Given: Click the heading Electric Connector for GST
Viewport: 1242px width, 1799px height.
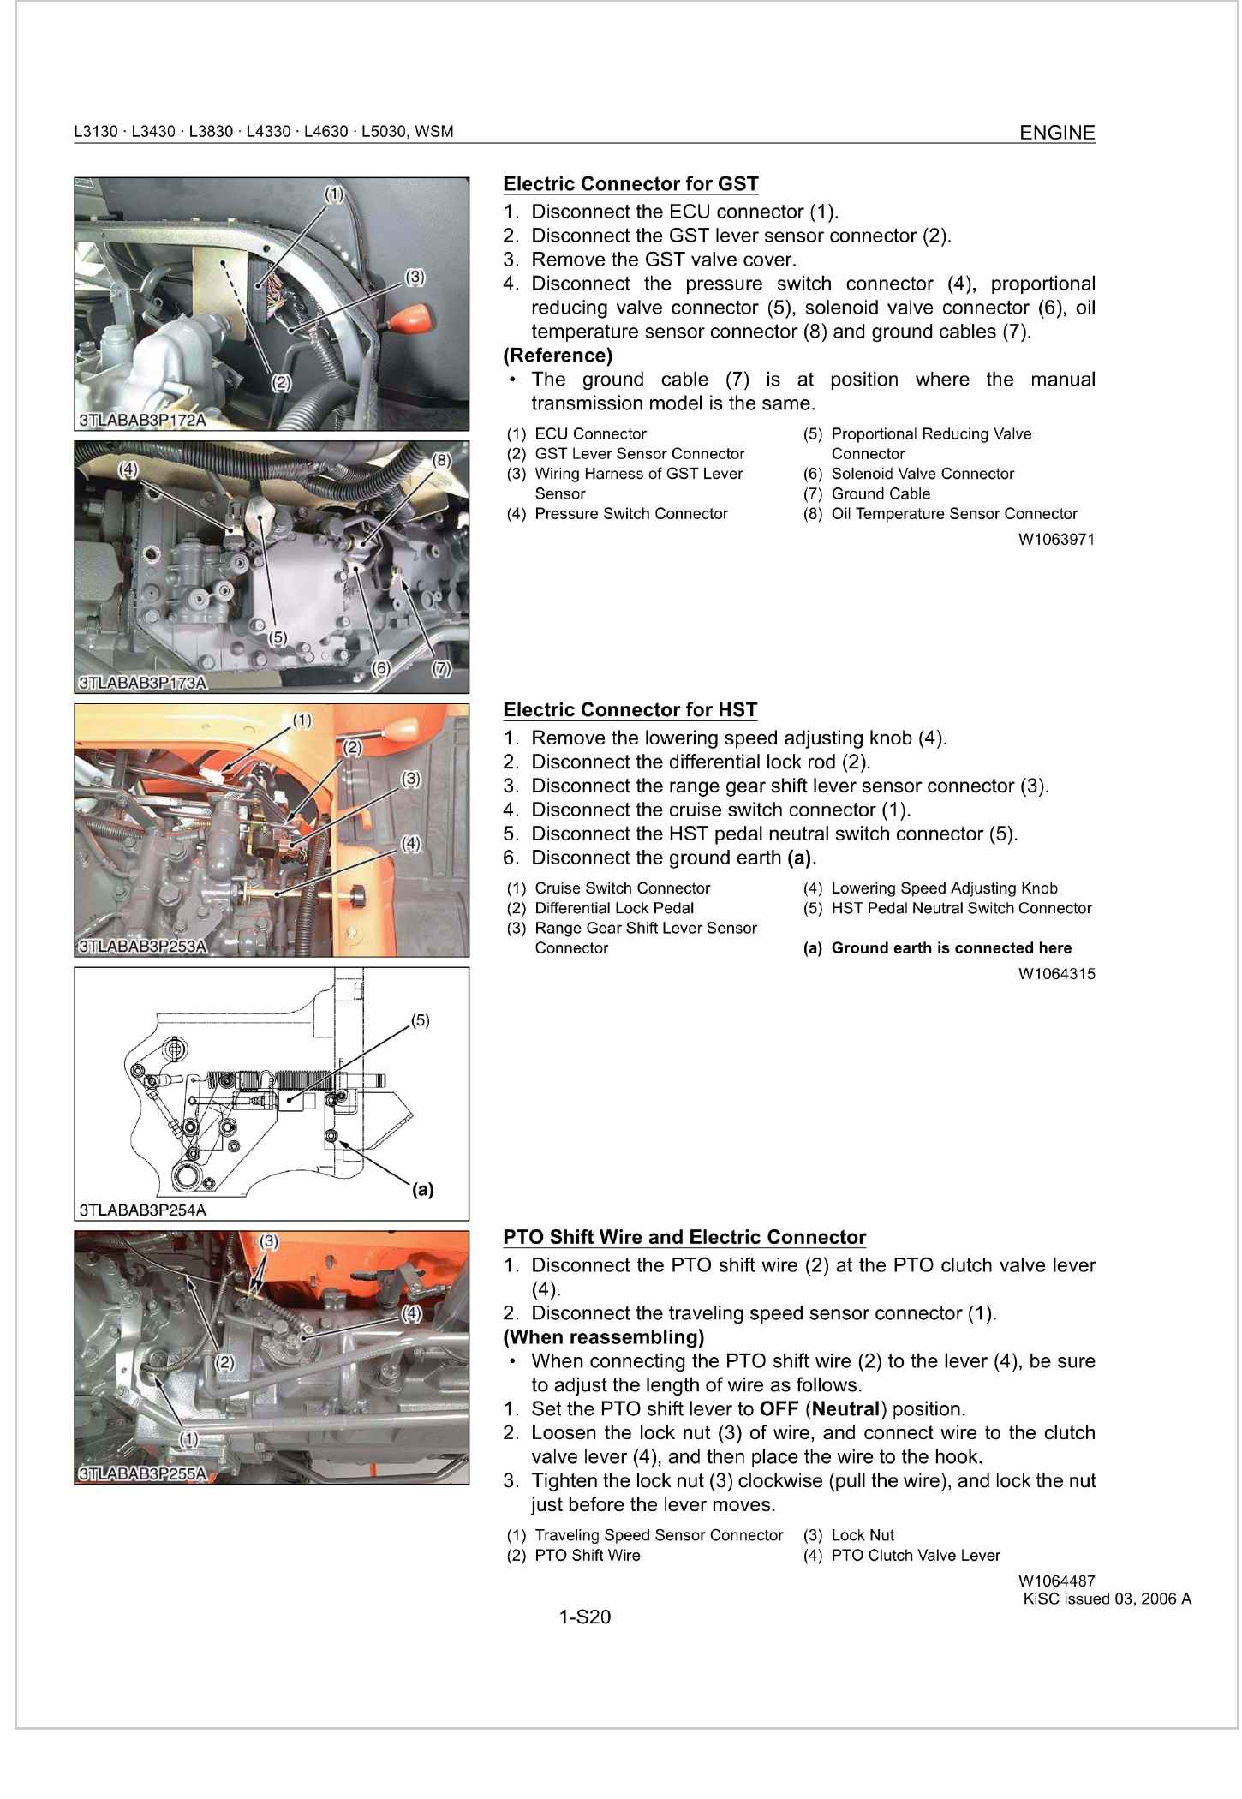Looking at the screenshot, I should pos(630,184).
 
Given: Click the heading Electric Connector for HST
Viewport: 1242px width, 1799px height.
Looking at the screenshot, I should pos(630,710).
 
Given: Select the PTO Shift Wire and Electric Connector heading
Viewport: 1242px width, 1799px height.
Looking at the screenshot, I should pos(684,1237).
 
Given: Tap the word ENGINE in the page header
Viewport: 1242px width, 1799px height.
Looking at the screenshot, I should pos(1057,133).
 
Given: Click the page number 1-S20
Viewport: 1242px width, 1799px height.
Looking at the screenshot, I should pos(584,1617).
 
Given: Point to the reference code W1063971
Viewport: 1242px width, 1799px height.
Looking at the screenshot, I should pos(1056,540).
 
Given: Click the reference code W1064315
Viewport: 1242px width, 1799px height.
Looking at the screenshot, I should pos(1056,974).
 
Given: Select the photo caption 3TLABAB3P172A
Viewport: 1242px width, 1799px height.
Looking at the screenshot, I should pos(142,421).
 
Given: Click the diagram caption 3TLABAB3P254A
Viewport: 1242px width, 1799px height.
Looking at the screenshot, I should pos(142,1210).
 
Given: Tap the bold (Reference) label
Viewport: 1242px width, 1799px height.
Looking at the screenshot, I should pos(558,356).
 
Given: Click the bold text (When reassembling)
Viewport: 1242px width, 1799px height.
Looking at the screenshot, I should pos(604,1337).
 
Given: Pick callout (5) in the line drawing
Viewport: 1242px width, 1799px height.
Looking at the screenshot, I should pos(420,1020).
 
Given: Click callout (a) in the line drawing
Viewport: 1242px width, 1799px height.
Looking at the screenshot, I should pos(422,1189).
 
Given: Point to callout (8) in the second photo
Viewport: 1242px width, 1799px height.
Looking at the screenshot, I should pos(440,460).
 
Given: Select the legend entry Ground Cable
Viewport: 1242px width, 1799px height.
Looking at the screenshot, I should pos(880,494).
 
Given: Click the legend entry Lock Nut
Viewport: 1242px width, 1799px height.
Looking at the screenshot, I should pos(862,1535).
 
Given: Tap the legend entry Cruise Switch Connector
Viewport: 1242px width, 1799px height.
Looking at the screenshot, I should pos(622,888).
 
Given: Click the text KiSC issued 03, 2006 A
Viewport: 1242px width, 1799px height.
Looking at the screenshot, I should pos(1107,1599).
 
